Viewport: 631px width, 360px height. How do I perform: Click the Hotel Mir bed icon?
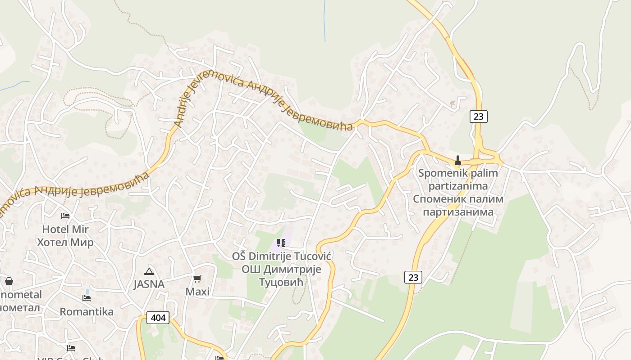click(65, 216)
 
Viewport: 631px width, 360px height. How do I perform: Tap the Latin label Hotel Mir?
click(65, 229)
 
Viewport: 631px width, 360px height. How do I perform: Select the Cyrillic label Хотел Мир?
click(65, 243)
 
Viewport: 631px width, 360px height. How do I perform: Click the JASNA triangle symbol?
click(149, 271)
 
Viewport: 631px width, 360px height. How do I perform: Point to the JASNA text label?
click(149, 284)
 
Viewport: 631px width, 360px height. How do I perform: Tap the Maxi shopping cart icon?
click(197, 279)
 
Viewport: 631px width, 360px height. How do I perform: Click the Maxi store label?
click(197, 292)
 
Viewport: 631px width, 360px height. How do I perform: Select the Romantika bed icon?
click(87, 298)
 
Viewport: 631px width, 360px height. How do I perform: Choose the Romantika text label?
click(87, 311)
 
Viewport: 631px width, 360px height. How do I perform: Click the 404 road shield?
click(158, 318)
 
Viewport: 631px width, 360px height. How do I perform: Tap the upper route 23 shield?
click(478, 117)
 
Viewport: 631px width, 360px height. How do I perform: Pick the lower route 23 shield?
click(413, 277)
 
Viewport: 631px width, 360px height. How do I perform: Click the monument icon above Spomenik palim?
click(458, 160)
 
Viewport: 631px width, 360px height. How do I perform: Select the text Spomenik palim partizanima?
click(458, 179)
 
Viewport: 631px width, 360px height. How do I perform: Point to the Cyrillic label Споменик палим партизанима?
click(458, 205)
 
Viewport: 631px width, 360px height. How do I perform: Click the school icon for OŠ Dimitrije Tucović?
click(281, 243)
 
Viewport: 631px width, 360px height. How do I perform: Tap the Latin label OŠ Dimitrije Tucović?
click(282, 256)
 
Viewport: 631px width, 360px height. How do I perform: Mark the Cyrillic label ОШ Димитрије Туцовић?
click(281, 275)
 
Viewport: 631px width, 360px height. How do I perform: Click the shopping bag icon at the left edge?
click(9, 282)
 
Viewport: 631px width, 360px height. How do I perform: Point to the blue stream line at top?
click(325, 22)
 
